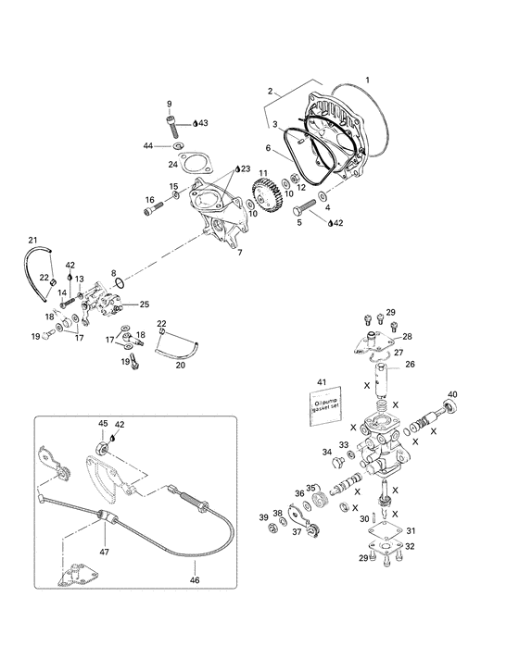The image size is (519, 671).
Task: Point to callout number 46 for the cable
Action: [194, 580]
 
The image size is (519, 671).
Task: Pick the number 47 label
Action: [105, 551]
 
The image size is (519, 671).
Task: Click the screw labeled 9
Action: [171, 121]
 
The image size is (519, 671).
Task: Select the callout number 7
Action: [239, 252]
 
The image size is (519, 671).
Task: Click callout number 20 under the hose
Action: [180, 365]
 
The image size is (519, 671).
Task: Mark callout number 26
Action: [410, 365]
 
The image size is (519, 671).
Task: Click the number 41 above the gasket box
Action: [322, 382]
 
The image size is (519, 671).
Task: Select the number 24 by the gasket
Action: [172, 164]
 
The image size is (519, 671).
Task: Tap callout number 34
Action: [326, 452]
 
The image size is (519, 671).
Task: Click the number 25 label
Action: [144, 304]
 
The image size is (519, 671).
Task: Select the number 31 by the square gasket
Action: [411, 530]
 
